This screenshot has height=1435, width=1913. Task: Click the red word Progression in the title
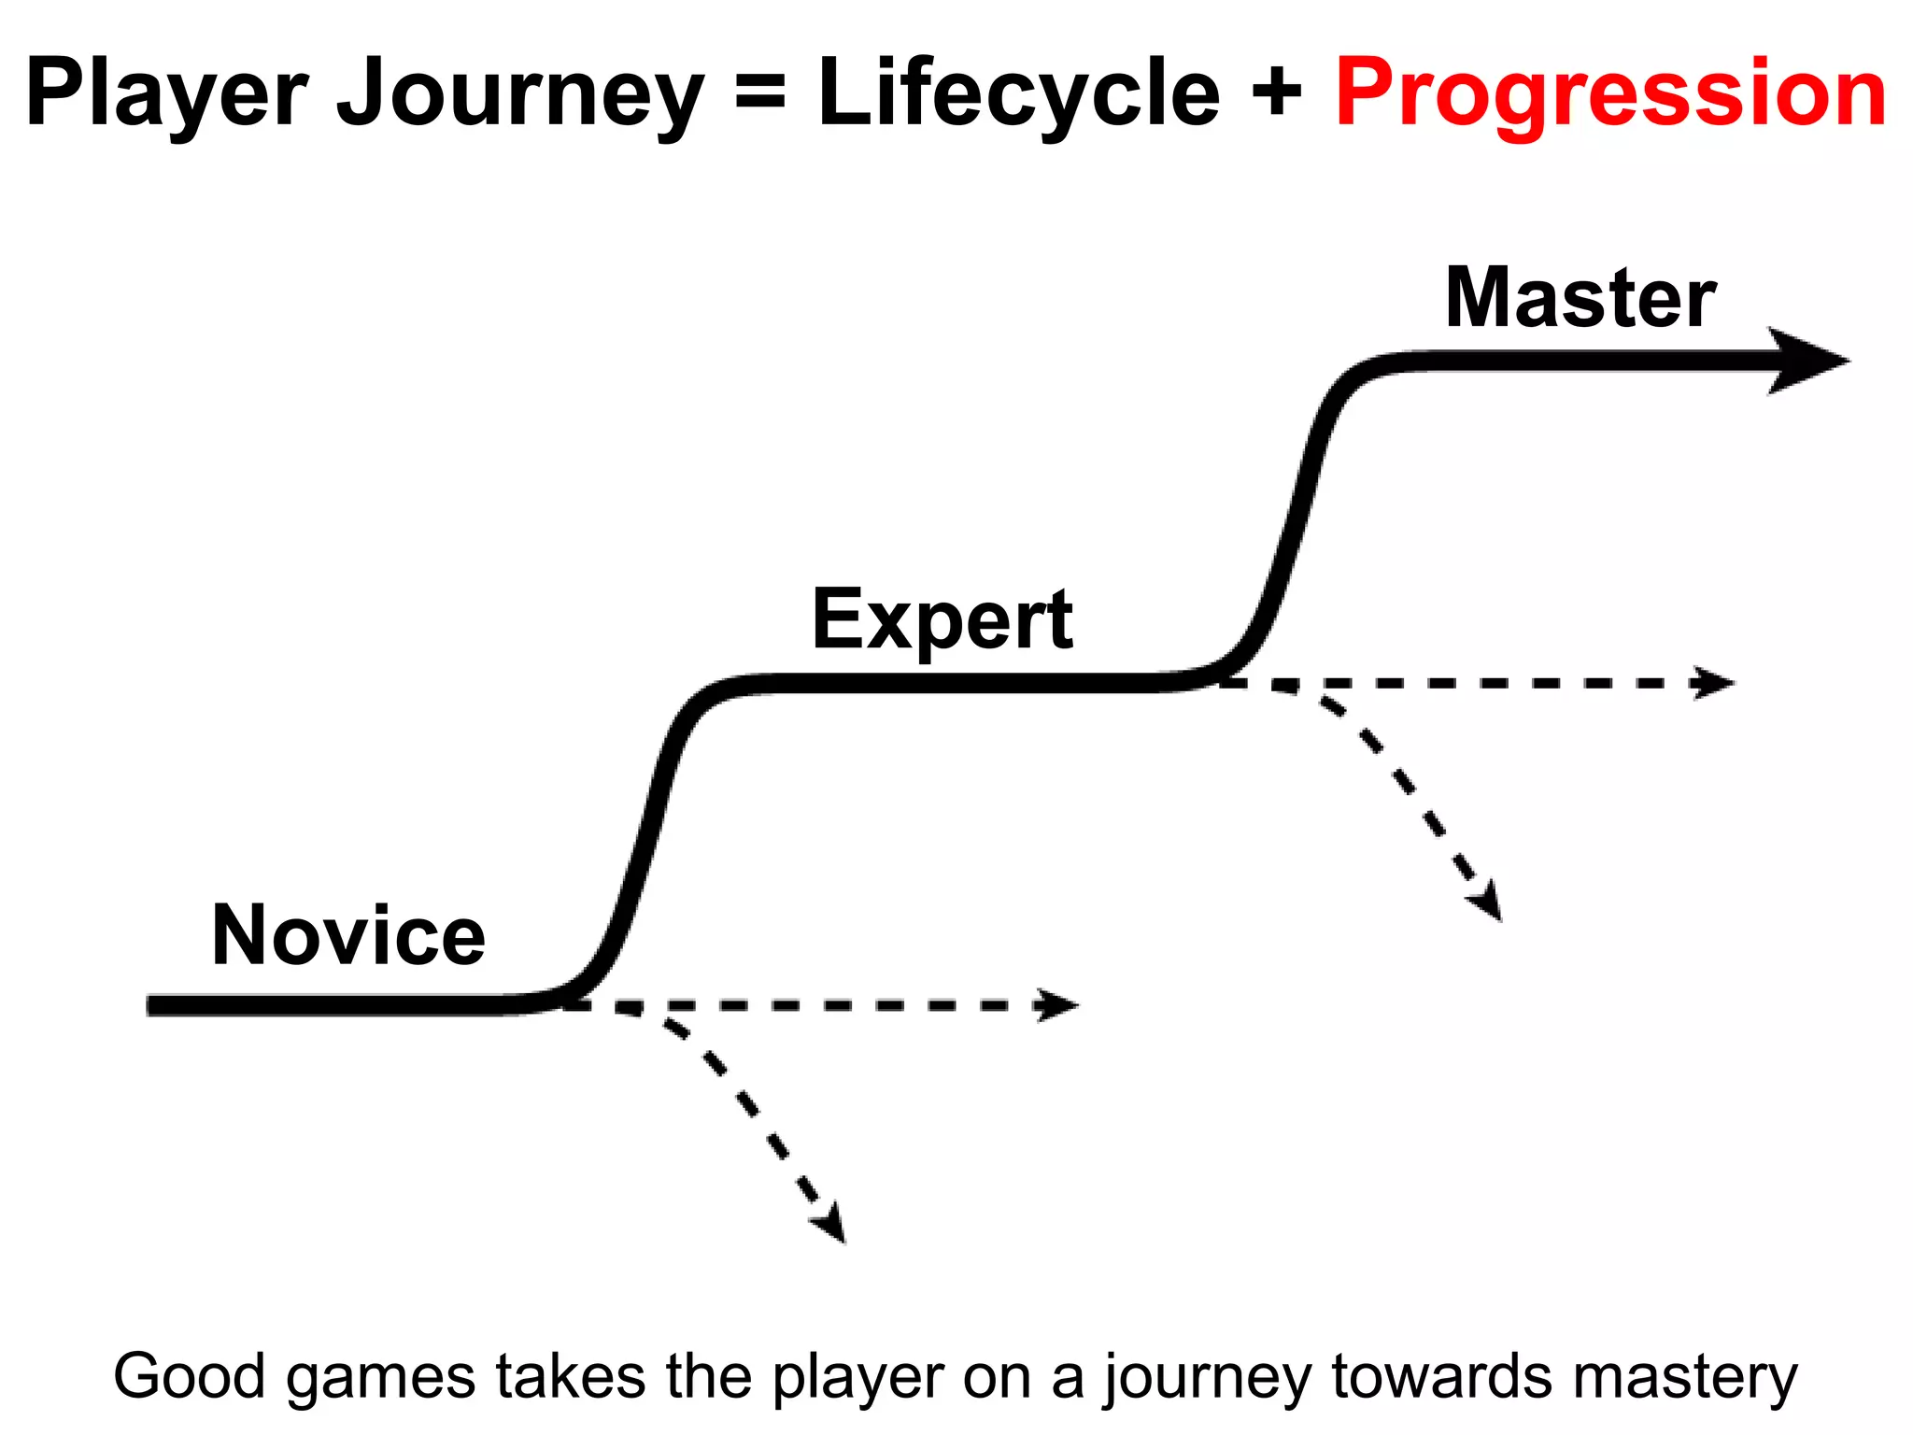[x=1611, y=93]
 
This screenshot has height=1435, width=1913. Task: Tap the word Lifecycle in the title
[x=1019, y=93]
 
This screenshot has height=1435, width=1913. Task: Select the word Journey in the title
[x=519, y=93]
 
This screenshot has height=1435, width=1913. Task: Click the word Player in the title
[x=166, y=93]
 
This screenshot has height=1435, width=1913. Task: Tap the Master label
[x=1580, y=299]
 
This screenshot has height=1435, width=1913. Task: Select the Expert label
[x=942, y=620]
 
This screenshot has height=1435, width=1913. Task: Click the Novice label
[x=348, y=936]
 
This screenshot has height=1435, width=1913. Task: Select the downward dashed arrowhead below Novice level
[x=831, y=1225]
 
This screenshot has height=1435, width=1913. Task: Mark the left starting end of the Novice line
[x=155, y=1005]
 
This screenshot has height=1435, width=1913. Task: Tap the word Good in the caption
[x=190, y=1377]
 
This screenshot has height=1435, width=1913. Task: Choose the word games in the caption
[x=381, y=1377]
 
